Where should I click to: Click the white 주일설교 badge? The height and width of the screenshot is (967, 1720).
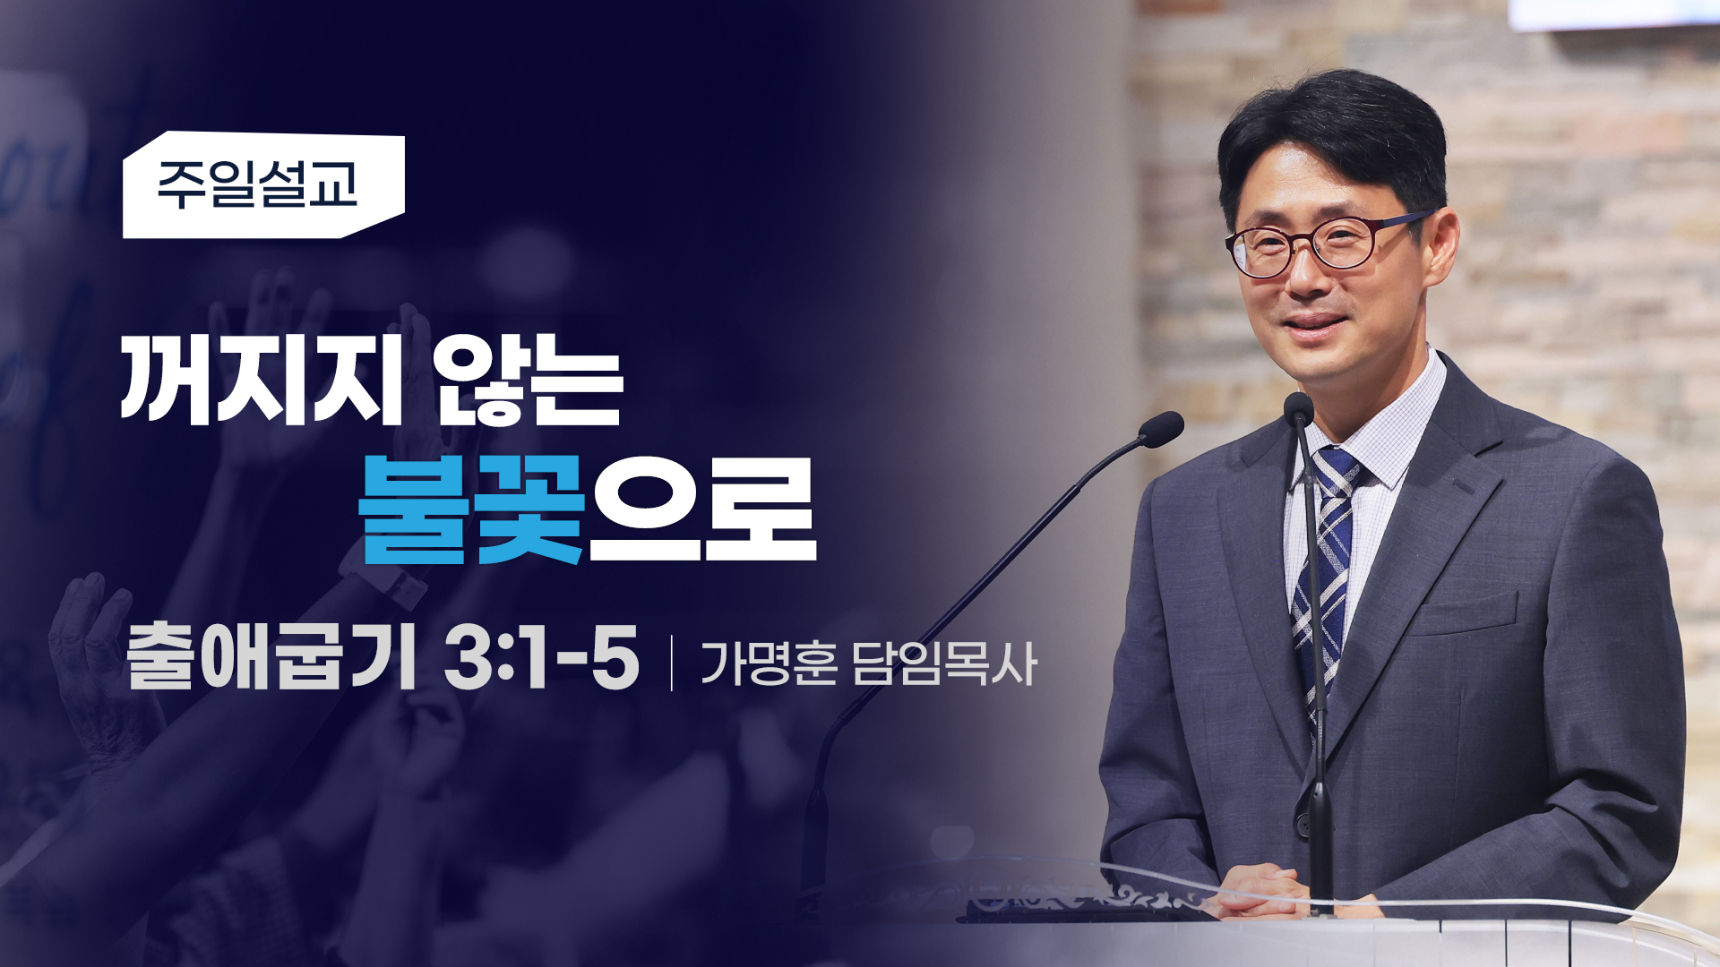tap(263, 185)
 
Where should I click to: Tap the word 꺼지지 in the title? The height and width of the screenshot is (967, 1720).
tap(261, 381)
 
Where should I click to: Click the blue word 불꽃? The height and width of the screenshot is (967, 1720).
tap(471, 509)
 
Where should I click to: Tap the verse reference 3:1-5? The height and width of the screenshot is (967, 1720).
tap(541, 658)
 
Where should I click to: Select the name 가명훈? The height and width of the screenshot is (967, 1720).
tap(770, 663)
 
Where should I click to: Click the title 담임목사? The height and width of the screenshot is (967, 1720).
tap(944, 663)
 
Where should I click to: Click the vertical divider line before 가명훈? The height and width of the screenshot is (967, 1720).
tap(672, 663)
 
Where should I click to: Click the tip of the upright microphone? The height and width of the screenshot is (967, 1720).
tap(1298, 407)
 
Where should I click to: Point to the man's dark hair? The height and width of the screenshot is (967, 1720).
tap(1335, 134)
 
